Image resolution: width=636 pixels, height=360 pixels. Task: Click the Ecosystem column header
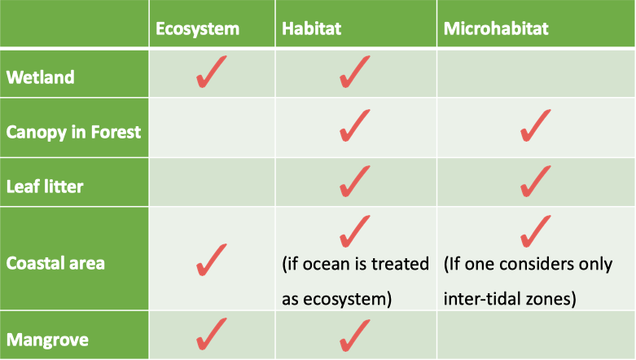198,29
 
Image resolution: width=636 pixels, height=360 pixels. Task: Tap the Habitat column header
312,29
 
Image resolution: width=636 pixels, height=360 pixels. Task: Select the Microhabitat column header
496,29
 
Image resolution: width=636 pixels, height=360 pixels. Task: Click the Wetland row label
41,77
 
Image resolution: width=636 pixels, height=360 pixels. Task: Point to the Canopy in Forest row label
73,132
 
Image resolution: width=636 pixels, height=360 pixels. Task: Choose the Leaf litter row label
45,187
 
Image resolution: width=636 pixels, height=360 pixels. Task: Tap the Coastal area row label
55,263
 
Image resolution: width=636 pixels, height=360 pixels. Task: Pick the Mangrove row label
47,340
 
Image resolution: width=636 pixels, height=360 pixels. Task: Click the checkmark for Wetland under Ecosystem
212,72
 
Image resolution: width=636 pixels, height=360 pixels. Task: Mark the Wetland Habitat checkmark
354,72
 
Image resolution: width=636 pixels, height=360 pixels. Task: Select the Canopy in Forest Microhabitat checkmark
535,125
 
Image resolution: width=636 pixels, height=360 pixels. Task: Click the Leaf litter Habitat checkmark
354,181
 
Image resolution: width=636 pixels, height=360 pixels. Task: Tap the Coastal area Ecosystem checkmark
212,260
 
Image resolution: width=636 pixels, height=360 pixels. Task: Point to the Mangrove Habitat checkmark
354,335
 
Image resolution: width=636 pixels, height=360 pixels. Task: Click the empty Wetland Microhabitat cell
536,73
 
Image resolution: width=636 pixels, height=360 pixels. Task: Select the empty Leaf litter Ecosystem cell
212,182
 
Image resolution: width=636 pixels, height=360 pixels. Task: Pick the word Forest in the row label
116,132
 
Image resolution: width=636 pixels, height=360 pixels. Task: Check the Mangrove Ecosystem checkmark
212,334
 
